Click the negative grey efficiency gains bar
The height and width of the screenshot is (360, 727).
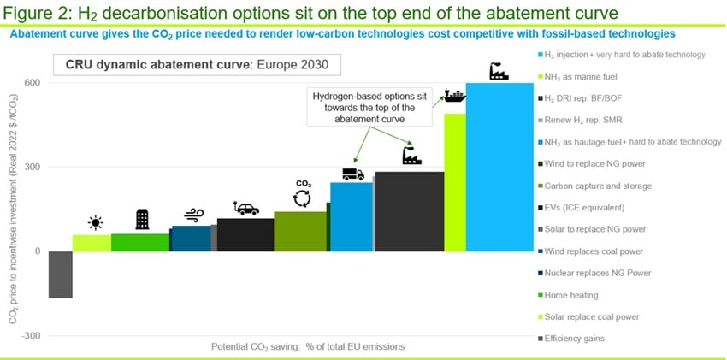point(60,274)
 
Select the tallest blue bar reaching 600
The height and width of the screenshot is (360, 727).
point(499,167)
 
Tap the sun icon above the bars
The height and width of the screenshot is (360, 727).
point(95,223)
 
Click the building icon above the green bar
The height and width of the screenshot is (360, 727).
point(142,220)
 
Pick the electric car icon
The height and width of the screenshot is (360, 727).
point(245,208)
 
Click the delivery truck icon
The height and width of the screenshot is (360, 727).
point(352,174)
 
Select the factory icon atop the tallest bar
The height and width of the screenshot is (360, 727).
point(499,72)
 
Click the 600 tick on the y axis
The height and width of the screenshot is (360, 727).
point(31,82)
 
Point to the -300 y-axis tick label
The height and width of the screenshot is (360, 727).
point(30,336)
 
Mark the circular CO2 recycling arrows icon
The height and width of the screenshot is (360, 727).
point(303,198)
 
